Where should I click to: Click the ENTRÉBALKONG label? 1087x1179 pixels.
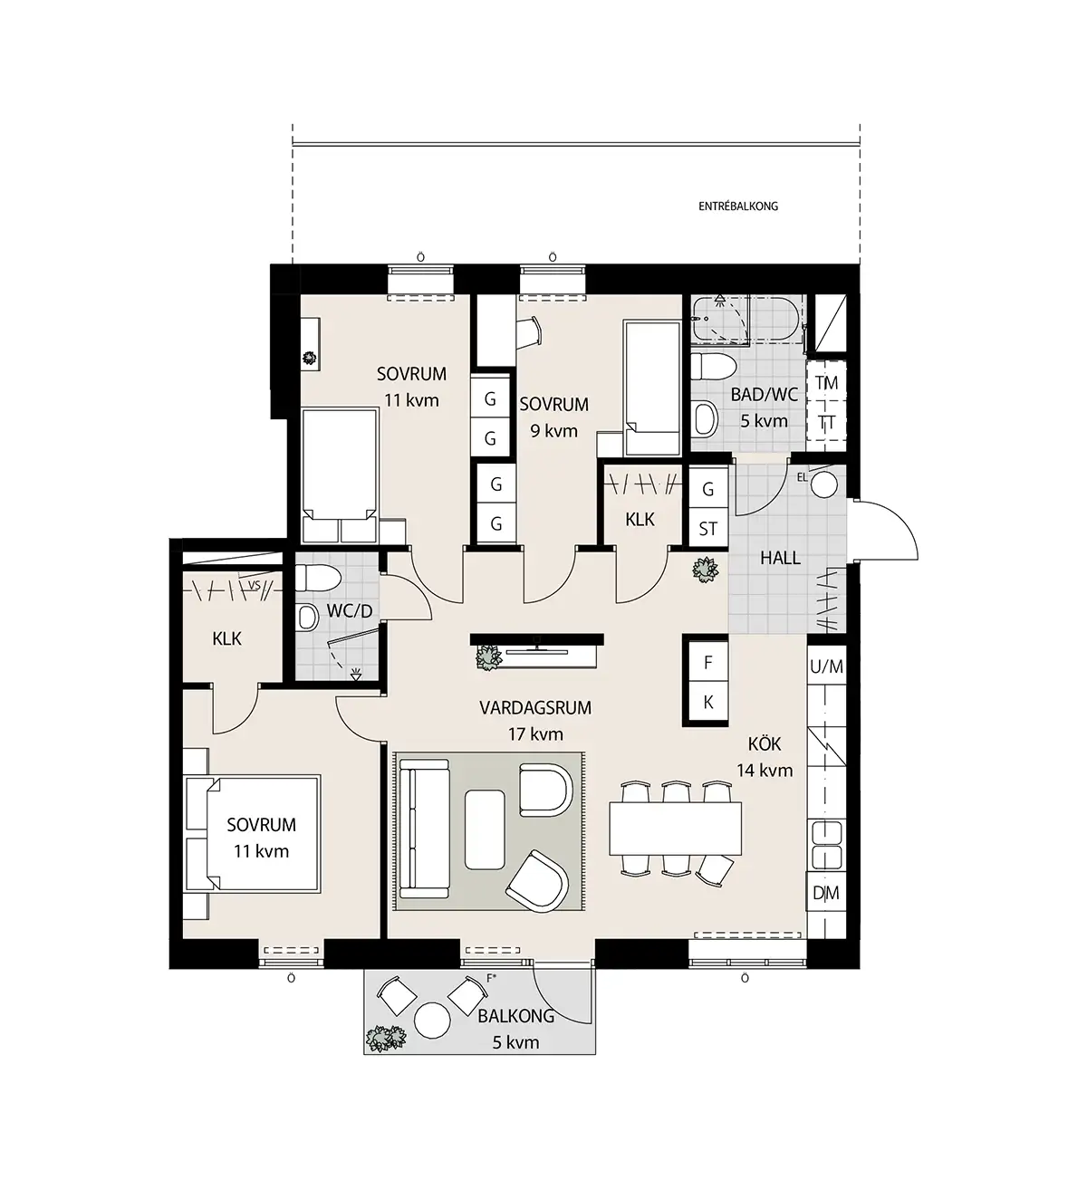(738, 206)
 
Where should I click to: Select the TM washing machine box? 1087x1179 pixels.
(826, 383)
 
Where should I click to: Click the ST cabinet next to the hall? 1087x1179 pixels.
(708, 528)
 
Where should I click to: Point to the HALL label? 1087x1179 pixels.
(780, 558)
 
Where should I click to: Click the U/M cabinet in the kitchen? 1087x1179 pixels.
(826, 666)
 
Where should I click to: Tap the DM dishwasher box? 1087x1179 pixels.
(826, 894)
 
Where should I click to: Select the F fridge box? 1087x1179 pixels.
(708, 662)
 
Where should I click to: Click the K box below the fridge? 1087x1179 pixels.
(708, 702)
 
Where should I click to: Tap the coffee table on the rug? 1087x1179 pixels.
(485, 829)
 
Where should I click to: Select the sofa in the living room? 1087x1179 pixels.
(424, 829)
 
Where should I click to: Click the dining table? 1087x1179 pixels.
(675, 829)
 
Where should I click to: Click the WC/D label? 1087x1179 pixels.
(350, 610)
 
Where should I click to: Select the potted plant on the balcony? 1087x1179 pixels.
(386, 1039)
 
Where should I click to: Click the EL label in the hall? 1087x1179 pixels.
(803, 478)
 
